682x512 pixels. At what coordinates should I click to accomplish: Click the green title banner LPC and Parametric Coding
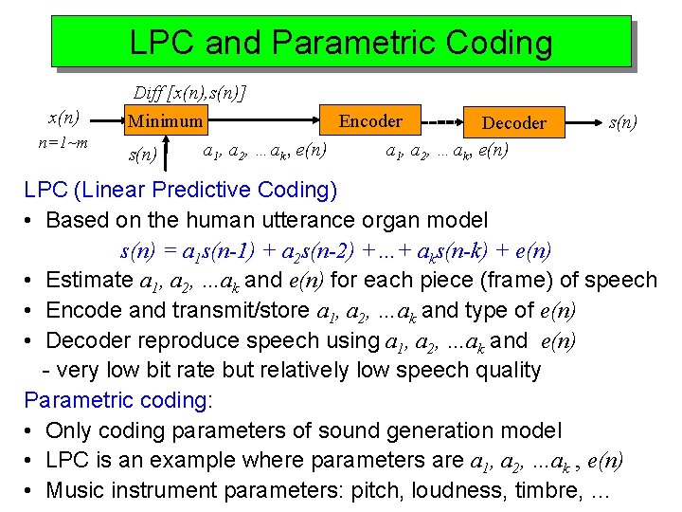click(x=340, y=42)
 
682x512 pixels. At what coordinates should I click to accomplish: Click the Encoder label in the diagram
click(x=370, y=121)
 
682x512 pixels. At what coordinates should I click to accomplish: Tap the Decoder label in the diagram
click(x=513, y=123)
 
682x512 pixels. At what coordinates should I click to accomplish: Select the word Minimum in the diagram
click(x=166, y=121)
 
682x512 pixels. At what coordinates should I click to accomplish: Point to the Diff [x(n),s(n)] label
click(x=189, y=93)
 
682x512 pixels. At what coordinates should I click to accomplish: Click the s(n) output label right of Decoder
click(x=622, y=122)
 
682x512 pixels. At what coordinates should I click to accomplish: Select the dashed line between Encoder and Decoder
click(x=439, y=122)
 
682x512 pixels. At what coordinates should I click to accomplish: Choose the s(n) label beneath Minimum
click(x=142, y=153)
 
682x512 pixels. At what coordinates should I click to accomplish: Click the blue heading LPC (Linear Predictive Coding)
click(x=180, y=190)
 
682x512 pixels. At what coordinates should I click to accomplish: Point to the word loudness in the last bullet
click(x=454, y=491)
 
